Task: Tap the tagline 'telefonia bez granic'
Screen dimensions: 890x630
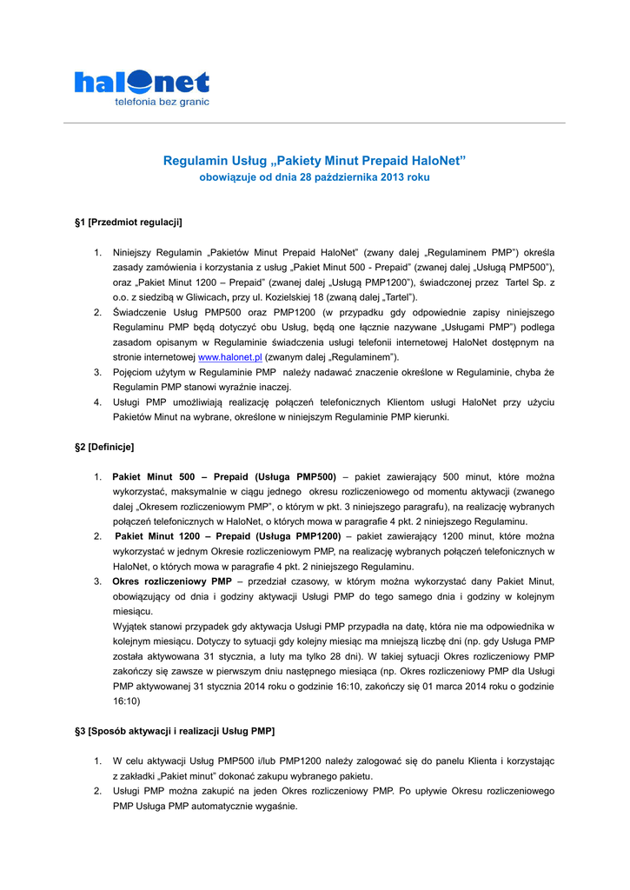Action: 162,103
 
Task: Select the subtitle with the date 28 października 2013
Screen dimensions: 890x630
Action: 315,177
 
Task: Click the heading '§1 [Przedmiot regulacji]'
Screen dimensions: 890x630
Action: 129,222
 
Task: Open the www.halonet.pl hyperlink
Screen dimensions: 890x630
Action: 230,357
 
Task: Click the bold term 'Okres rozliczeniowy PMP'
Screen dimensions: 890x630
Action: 172,581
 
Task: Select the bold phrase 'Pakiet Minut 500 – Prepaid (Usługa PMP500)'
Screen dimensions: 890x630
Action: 224,477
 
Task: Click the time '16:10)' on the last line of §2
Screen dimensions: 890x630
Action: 128,700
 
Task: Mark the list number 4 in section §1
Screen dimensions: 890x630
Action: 98,402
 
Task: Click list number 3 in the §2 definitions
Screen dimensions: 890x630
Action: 98,581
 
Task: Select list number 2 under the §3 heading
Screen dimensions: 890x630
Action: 98,791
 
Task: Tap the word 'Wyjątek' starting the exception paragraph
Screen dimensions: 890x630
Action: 132,626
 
